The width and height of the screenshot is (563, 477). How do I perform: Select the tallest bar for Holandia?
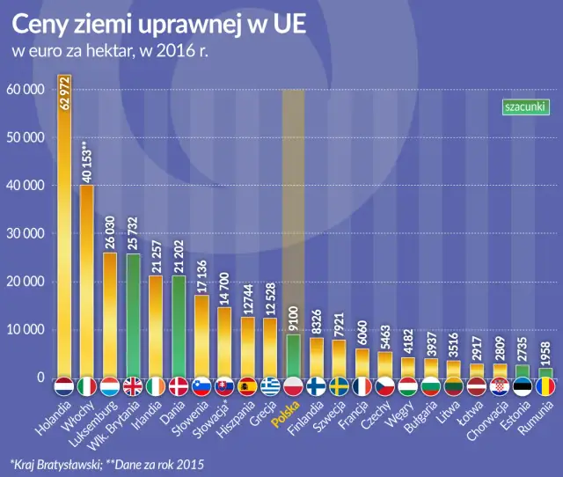(x=64, y=229)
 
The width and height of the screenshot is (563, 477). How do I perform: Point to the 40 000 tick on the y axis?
(x=26, y=186)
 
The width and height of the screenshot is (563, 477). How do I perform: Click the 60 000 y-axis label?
(x=26, y=90)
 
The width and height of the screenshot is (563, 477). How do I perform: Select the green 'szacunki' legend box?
(x=524, y=106)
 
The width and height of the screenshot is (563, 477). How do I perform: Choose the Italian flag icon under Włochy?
(x=87, y=386)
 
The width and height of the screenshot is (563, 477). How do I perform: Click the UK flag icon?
(x=133, y=386)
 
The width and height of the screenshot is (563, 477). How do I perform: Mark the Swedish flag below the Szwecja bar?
(x=339, y=386)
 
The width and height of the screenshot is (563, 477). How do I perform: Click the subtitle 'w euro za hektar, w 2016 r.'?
(x=110, y=50)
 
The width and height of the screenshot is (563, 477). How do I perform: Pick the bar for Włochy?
(x=87, y=282)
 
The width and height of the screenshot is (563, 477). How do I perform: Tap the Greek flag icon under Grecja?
(x=270, y=386)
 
